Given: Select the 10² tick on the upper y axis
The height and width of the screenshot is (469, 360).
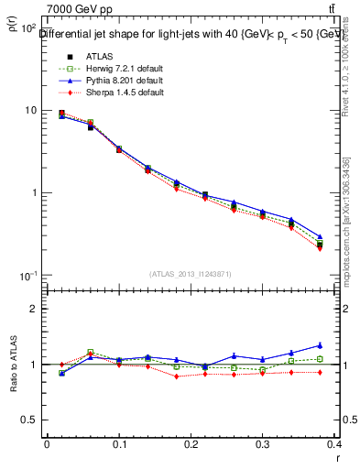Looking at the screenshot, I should (28, 28).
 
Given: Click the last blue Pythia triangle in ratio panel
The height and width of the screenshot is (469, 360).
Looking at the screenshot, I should (345, 345).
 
